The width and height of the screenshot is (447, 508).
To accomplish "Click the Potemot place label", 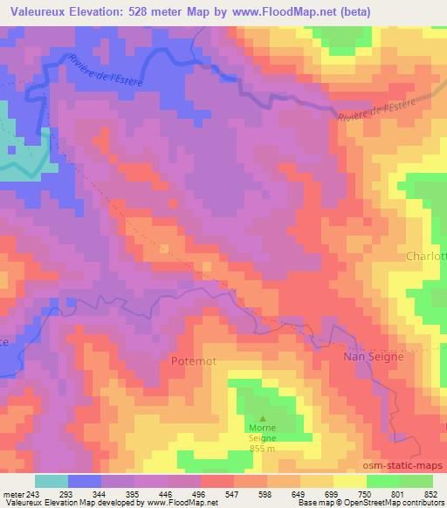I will pos(194,360).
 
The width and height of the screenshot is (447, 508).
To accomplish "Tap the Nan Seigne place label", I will pos(372,358).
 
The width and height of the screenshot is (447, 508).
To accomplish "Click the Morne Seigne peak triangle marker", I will pos(262,418).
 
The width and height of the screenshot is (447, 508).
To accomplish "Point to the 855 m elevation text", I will pos(262,449).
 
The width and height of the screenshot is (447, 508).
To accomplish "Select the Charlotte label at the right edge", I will pos(426,257).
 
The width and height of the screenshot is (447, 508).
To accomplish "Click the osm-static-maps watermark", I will pos(402,466).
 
